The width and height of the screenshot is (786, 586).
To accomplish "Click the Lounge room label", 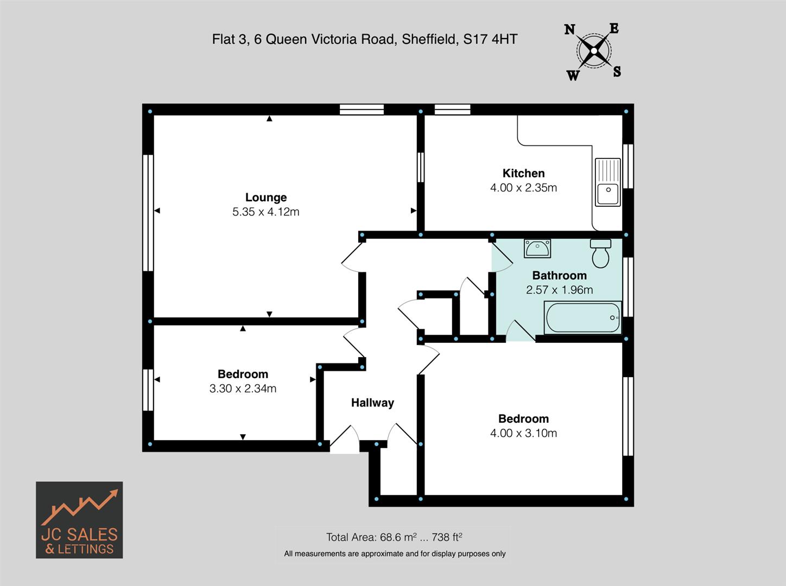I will (x=265, y=198).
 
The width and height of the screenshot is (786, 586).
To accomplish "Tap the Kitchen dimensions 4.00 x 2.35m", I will (x=523, y=188).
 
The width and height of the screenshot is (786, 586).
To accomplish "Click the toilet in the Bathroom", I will (x=600, y=253).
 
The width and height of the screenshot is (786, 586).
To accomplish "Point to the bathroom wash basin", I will (x=537, y=249).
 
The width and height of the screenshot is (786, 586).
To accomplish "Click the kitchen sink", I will (x=607, y=182).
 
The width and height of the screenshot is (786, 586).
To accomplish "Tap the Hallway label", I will (x=372, y=403).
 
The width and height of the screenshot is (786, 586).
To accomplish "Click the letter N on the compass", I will (x=569, y=30).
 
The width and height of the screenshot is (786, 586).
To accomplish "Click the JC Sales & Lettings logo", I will (x=79, y=520).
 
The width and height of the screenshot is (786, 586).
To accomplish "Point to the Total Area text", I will (x=394, y=537).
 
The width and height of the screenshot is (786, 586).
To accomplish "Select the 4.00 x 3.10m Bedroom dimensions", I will (x=523, y=433).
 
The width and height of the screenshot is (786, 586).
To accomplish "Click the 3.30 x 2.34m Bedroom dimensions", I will (x=243, y=388).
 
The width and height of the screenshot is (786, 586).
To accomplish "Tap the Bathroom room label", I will (x=559, y=276).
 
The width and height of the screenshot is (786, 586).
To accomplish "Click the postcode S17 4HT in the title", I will (x=490, y=39).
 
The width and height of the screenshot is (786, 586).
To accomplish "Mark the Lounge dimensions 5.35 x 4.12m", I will (x=265, y=212).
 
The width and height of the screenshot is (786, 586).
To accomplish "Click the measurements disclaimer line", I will (x=395, y=554).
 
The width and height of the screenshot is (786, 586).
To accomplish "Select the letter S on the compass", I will (x=617, y=72).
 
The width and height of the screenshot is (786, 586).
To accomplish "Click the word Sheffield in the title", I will (x=429, y=39).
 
